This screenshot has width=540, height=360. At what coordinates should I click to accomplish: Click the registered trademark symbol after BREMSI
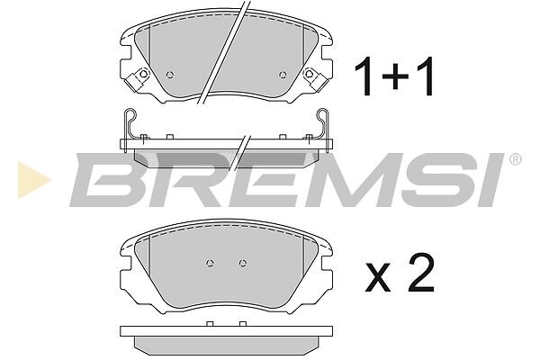515,159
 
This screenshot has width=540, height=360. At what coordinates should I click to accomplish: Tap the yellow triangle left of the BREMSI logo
33,179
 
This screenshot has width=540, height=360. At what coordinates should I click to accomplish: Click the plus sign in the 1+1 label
395,76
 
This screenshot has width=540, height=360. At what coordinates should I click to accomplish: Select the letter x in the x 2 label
378,277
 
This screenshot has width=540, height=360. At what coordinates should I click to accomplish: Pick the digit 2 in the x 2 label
420,272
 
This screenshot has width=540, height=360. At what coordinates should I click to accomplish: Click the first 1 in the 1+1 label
364,76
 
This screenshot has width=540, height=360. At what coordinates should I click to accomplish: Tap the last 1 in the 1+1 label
426,76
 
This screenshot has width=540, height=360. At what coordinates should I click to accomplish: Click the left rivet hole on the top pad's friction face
170,75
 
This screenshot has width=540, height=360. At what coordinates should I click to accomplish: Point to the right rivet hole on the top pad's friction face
283,75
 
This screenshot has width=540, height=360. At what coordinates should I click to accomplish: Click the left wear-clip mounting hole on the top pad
142,74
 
